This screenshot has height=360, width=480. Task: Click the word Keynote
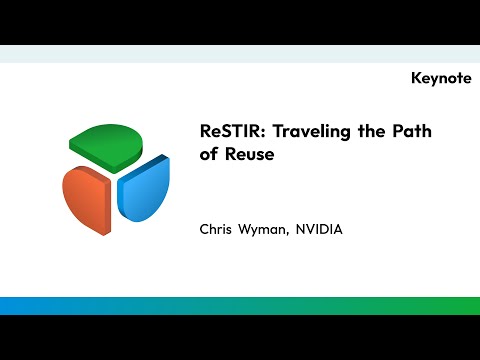[440, 78]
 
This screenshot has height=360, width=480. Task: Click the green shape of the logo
[113, 146]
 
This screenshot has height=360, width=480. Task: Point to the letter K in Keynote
[416, 78]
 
